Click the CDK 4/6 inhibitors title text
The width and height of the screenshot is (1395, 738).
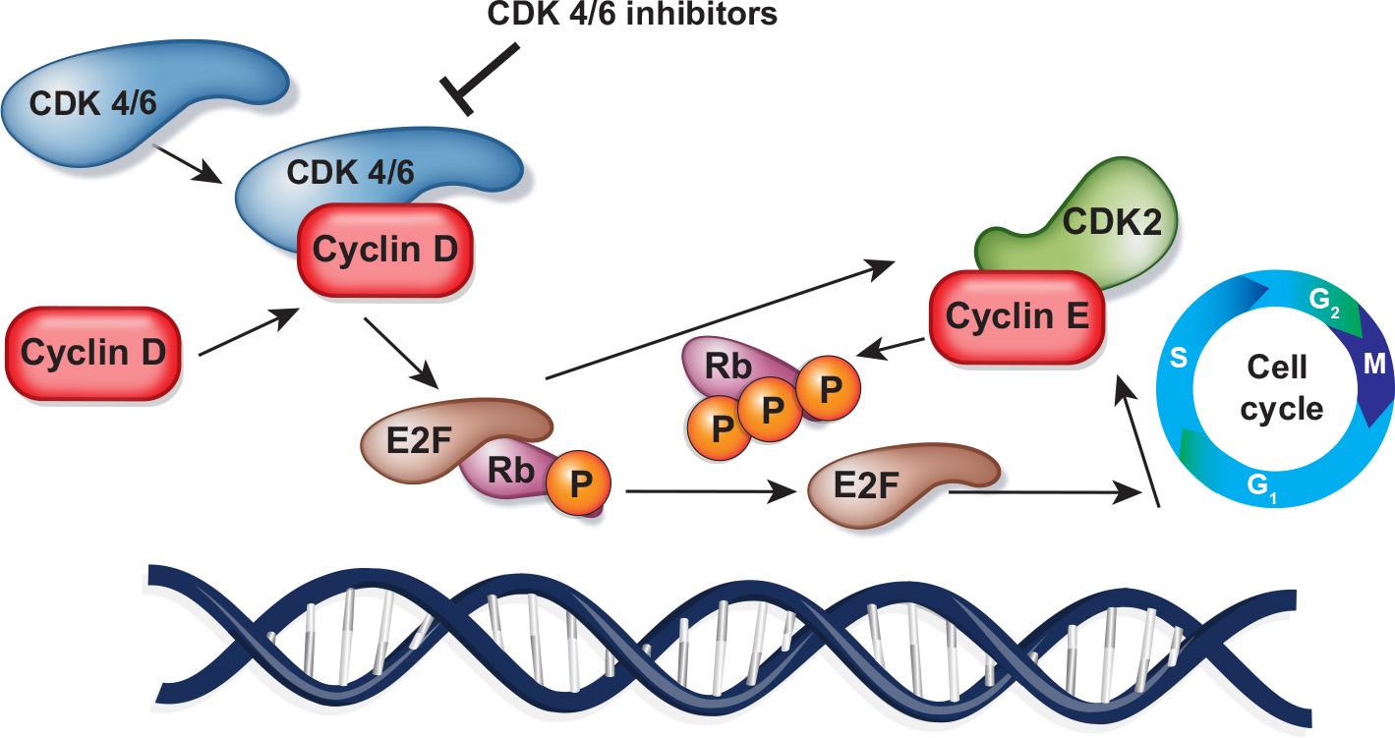coord(644,16)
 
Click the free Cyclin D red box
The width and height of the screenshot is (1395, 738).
coord(92,352)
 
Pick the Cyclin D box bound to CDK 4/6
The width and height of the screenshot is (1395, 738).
coord(385,250)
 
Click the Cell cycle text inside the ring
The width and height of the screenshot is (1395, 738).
coord(1279,389)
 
